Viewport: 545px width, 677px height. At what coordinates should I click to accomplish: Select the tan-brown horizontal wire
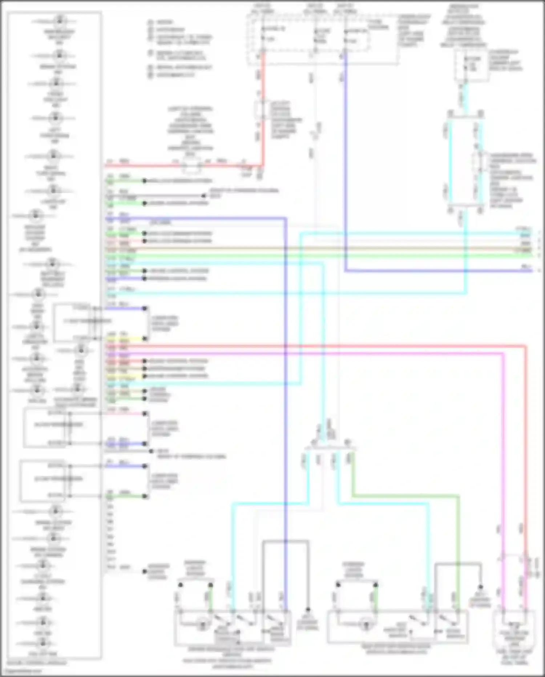tap(327, 249)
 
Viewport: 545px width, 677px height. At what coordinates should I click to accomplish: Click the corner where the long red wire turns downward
tap(525, 346)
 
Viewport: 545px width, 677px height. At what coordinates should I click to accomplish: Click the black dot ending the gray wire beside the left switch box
tap(308, 610)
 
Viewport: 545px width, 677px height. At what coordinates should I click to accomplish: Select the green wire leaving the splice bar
tap(400, 496)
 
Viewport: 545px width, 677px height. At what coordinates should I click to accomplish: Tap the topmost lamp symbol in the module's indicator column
tap(59, 21)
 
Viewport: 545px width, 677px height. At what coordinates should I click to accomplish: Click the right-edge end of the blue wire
tap(531, 271)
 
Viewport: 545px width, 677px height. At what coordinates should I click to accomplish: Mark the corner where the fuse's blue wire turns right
tap(345, 271)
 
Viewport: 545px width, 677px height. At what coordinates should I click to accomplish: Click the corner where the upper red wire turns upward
tap(262, 166)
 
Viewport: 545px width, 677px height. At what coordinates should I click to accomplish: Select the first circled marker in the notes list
tap(150, 22)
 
